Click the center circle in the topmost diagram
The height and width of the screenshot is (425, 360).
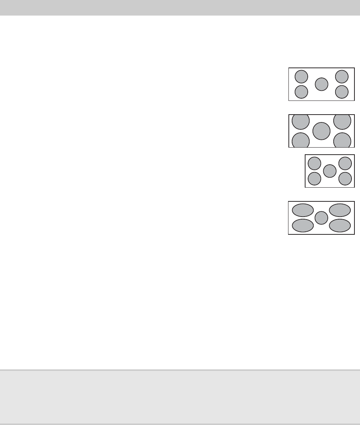click(x=321, y=84)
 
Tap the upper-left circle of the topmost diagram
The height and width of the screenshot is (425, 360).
click(x=301, y=76)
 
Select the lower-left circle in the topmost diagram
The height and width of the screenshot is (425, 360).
click(x=301, y=92)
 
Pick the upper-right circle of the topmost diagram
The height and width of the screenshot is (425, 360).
click(x=341, y=76)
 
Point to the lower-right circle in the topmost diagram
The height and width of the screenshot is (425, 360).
click(x=341, y=92)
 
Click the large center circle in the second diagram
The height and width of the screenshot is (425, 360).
click(x=321, y=131)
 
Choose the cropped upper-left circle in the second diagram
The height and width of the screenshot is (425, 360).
click(x=301, y=122)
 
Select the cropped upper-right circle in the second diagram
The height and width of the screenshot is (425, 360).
click(x=342, y=122)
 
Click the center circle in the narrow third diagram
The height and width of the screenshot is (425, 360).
click(x=330, y=171)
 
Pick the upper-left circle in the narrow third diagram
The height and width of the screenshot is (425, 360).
click(x=315, y=163)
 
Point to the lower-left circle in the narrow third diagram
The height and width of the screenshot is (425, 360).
click(x=315, y=178)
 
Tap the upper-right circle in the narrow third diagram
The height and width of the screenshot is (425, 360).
click(x=345, y=163)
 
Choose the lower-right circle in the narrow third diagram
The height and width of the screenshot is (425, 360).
click(x=345, y=178)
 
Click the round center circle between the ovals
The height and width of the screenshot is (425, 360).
click(x=321, y=218)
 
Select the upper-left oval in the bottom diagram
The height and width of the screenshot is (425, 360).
click(x=303, y=210)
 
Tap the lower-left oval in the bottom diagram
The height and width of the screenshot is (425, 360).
click(x=303, y=225)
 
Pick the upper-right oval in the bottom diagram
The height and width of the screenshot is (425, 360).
click(x=340, y=210)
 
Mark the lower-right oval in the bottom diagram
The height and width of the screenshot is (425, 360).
click(x=340, y=225)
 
